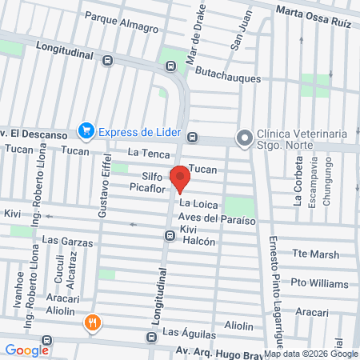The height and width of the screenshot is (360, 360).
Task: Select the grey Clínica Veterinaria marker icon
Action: point(243,138)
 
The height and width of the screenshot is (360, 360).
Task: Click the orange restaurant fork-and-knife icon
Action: point(93,323)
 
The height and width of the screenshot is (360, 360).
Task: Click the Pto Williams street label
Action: point(319,284)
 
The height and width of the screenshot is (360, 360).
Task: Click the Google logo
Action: point(26,350)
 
